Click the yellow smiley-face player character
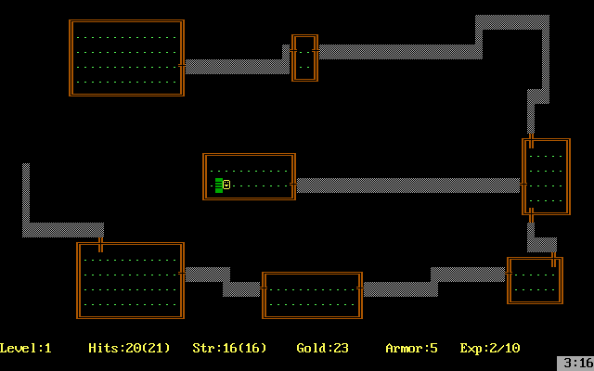(226, 185)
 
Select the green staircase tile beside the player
(218, 185)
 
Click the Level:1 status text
(26, 349)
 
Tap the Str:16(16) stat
(229, 349)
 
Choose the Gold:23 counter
(322, 349)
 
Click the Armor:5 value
(411, 349)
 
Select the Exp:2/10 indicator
(489, 349)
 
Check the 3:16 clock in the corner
(575, 363)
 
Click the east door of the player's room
(293, 185)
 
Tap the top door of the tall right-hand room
(531, 141)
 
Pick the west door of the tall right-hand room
(524, 185)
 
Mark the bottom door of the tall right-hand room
(531, 214)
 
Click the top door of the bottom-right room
(553, 259)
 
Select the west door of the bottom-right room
(510, 274)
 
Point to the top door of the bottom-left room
(100, 245)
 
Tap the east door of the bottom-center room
(360, 288)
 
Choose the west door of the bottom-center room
(265, 288)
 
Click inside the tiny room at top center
(304, 58)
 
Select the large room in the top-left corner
(126, 58)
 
